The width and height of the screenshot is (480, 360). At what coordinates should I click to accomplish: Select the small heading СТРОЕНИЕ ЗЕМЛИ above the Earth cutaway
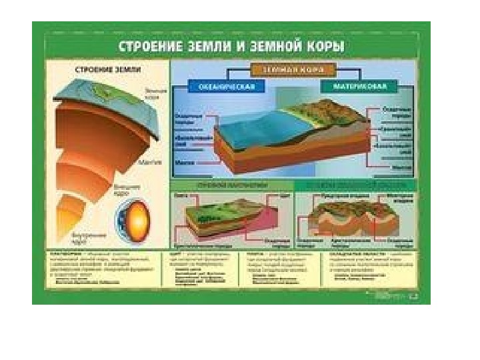(x=101, y=69)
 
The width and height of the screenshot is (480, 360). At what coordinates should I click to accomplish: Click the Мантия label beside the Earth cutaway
(x=148, y=161)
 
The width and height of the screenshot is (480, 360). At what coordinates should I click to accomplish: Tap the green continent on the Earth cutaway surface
(x=113, y=93)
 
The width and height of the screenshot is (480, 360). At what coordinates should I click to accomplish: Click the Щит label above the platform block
(x=283, y=197)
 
